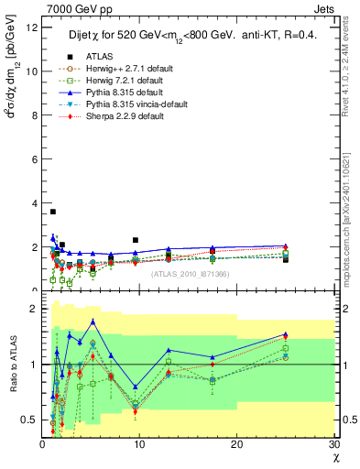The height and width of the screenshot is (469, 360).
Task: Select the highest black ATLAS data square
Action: [53, 212]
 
